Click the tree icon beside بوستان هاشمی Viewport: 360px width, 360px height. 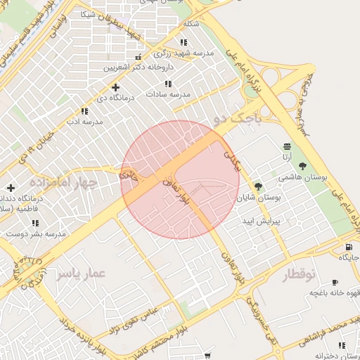pos(302,166)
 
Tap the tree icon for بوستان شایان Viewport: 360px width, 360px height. pos(258,186)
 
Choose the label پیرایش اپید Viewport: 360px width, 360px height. pos(262,221)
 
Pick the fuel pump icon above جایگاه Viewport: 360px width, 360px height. pos(349,247)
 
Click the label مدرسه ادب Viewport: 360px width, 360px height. pos(84,121)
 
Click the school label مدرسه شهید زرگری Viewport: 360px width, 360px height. pos(184,53)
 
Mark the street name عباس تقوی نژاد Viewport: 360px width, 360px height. pos(134,319)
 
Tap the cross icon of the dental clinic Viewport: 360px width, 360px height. pos(10,188)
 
